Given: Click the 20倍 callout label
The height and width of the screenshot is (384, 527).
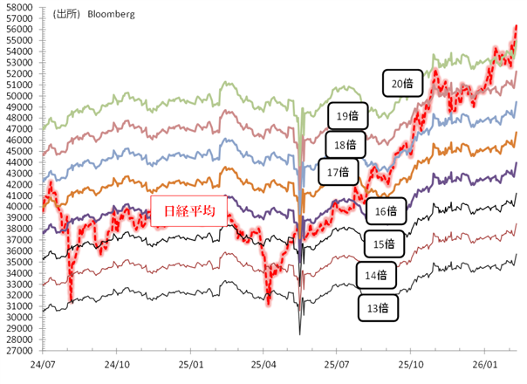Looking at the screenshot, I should pyautogui.click(x=402, y=83).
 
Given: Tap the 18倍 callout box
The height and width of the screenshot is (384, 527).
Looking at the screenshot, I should pyautogui.click(x=345, y=144).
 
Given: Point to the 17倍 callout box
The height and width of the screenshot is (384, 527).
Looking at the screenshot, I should pyautogui.click(x=338, y=172).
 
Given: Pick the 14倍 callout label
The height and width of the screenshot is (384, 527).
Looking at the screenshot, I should pyautogui.click(x=376, y=276).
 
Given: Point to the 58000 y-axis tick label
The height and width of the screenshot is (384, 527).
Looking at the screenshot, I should pyautogui.click(x=18, y=8).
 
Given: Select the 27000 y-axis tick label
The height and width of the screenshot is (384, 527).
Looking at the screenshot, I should pyautogui.click(x=18, y=350).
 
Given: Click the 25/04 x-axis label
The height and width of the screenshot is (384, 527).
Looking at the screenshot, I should pyautogui.click(x=263, y=362).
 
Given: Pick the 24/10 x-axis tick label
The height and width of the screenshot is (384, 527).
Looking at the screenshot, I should pyautogui.click(x=116, y=362).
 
